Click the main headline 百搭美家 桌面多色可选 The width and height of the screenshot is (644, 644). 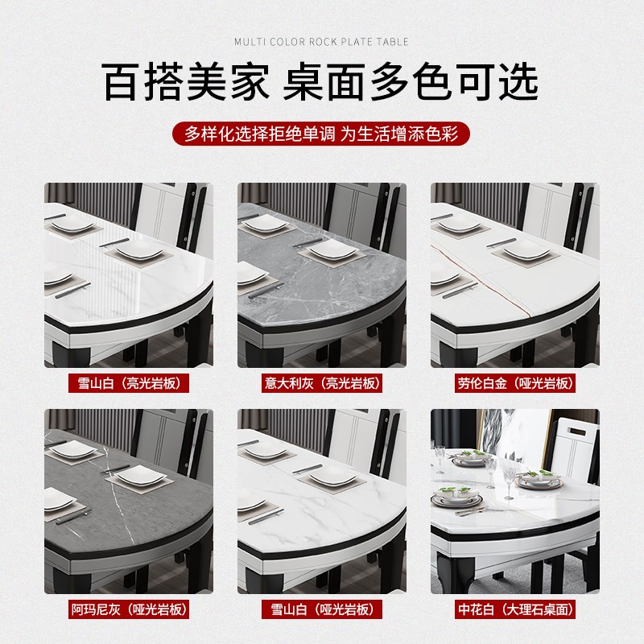tap(321, 84)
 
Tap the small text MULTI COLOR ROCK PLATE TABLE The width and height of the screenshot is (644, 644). tap(321, 42)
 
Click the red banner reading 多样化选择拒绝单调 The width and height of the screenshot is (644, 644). tap(321, 133)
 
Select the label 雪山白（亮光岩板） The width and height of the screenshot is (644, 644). tap(129, 383)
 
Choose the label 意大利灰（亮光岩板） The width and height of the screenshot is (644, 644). tap(322, 383)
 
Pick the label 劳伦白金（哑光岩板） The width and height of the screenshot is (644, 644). tap(515, 383)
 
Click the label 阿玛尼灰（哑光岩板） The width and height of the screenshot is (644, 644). tap(129, 609)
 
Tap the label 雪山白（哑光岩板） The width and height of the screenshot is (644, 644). tap(322, 609)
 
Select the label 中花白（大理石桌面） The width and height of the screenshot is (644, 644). tap(515, 609)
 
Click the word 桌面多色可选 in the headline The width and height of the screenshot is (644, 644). tap(411, 84)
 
